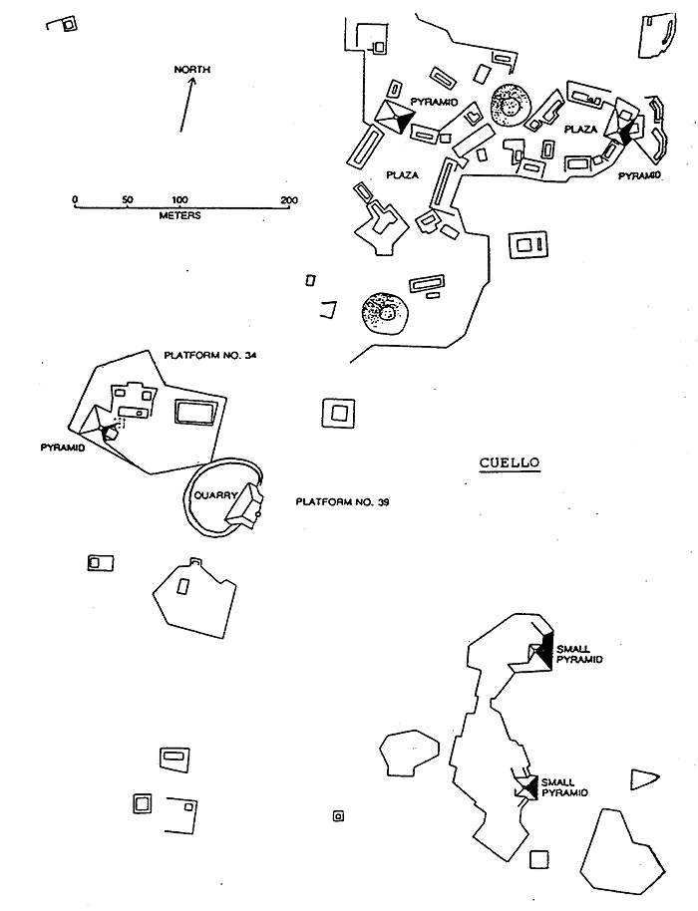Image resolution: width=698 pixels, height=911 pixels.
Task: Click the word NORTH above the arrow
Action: coord(191,69)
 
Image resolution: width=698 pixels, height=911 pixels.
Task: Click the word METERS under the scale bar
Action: coord(179,215)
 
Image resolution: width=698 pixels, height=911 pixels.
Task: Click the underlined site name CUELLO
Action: coord(509,461)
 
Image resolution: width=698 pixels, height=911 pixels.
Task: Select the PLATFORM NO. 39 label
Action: coord(342,501)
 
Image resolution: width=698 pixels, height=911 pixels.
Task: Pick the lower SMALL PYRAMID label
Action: coord(563,786)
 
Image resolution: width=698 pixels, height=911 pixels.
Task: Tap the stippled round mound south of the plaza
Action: coord(383,313)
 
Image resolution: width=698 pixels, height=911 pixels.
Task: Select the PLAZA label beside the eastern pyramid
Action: coord(580,130)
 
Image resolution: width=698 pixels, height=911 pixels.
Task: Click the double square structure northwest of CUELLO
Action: coord(338,412)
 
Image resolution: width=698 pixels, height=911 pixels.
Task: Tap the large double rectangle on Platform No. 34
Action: coord(193,412)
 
